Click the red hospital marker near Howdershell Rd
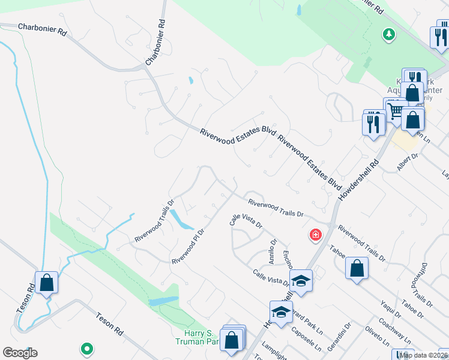pos(315,235)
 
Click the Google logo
pos(20,353)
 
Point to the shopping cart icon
pos(395,110)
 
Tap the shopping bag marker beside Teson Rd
pos(46,282)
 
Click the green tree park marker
pos(390,34)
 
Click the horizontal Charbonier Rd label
pos(42,29)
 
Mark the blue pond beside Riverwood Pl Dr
pos(180,220)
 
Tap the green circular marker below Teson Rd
pos(86,348)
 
